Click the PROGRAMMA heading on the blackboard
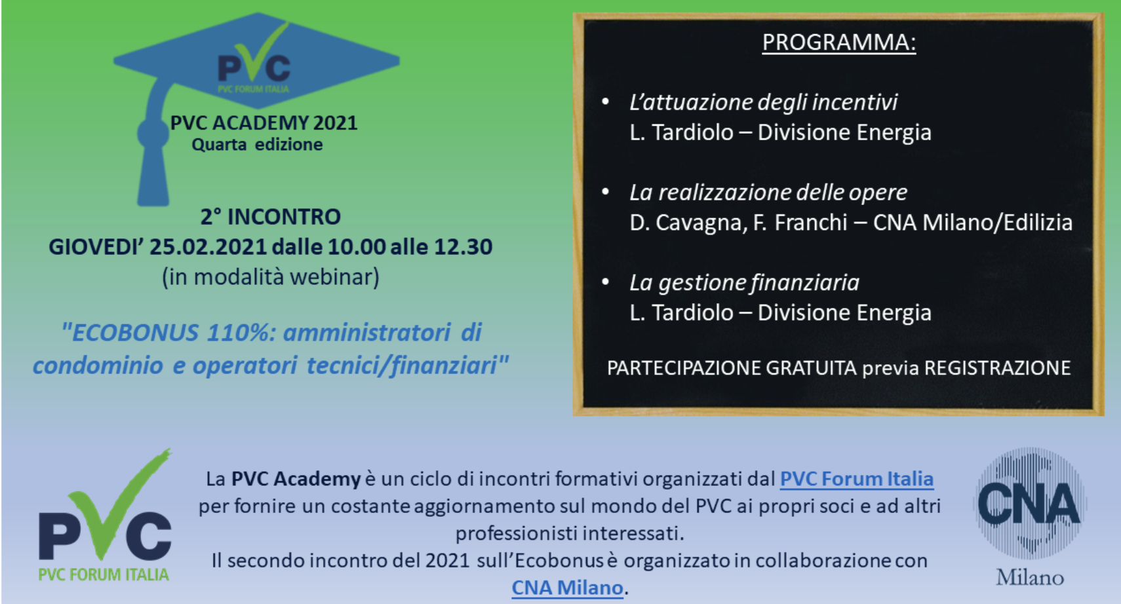838,42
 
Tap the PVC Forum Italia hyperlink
857,479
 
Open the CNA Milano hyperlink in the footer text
568,588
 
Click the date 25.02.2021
208,247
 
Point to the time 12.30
463,247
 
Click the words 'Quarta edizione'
257,145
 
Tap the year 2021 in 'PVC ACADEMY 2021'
335,123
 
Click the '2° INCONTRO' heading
271,217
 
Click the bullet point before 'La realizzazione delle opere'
606,191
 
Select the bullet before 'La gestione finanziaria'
606,282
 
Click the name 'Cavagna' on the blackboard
701,223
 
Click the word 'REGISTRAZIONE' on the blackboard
997,368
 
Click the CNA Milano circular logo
1029,503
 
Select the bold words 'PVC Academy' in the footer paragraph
296,480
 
